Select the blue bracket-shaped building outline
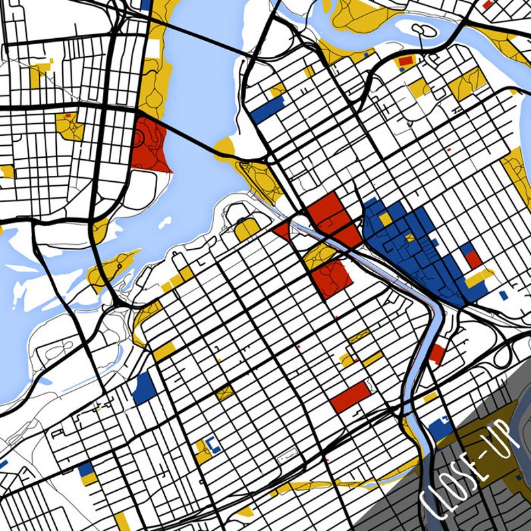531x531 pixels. click(213, 443)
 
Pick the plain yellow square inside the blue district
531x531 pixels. click(385, 219)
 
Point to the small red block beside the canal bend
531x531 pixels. click(437, 353)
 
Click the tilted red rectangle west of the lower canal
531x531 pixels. click(350, 397)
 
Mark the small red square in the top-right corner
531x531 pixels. click(487, 4)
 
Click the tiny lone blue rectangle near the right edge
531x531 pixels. click(504, 294)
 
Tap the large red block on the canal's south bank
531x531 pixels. click(329, 277)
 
